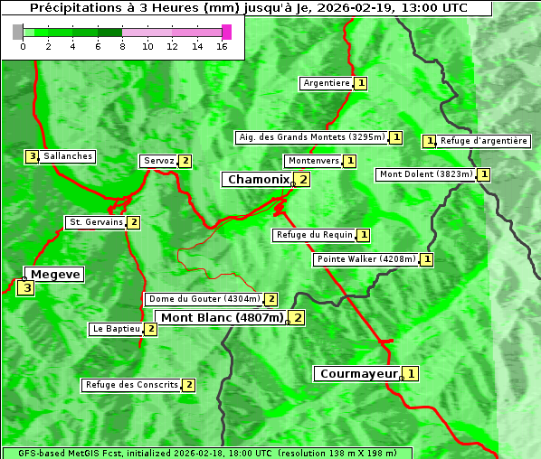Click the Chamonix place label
coord(258,180)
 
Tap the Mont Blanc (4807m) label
coord(222,317)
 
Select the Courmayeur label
coord(358,373)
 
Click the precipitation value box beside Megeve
coord(26,289)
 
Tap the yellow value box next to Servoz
coord(185,161)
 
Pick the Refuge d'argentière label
coord(483,141)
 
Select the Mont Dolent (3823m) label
coord(426,174)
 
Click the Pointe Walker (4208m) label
coord(366,259)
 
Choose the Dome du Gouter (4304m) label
coord(204,299)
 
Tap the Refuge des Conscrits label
coord(131,385)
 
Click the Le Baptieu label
coord(116,329)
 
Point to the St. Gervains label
coord(95,222)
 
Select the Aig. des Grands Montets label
coord(310,137)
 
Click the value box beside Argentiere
coord(361,83)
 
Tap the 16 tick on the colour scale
coord(221,46)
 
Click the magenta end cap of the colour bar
coord(226,32)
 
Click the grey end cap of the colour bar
coord(18,32)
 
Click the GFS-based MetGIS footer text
coord(205,453)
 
